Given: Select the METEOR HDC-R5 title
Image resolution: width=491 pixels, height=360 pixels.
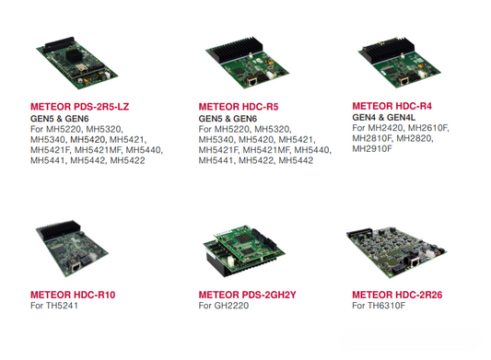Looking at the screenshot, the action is [238, 108].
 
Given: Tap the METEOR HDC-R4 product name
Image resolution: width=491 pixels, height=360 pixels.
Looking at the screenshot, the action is [392, 107].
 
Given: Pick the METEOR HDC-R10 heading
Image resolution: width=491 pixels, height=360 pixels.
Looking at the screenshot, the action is [73, 295].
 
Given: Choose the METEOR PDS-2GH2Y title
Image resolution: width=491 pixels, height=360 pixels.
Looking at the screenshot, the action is [248, 295].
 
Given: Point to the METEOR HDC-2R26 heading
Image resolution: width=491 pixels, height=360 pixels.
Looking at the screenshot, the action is [398, 295].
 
